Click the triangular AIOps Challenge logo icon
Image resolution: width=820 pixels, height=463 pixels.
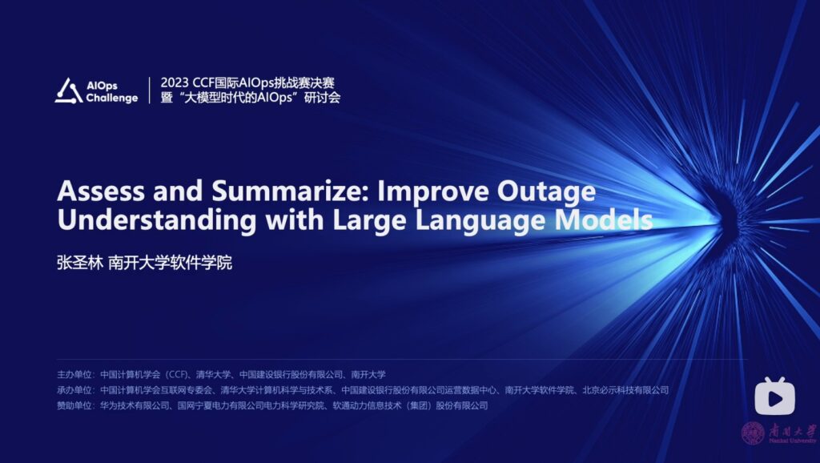click(69, 91)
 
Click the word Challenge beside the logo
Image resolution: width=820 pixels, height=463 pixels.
click(112, 98)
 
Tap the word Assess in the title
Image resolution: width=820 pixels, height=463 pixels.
click(100, 191)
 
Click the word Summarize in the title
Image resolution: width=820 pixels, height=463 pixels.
click(291, 191)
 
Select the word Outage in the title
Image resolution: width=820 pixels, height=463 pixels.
click(546, 192)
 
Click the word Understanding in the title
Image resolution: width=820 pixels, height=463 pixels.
click(157, 220)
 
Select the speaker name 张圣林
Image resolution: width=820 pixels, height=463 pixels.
click(80, 262)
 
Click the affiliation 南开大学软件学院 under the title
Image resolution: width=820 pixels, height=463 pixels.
click(170, 262)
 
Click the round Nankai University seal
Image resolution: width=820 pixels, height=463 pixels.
click(753, 433)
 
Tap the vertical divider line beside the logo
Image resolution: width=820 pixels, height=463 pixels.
click(150, 91)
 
